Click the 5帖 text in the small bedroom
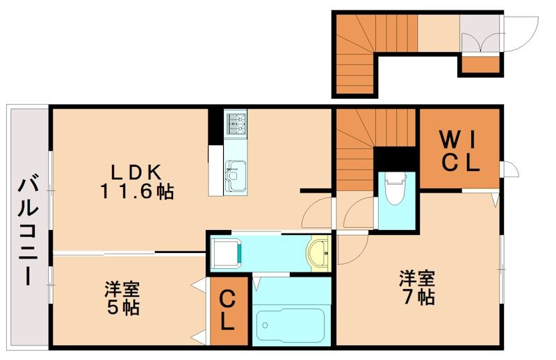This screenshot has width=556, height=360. click(x=124, y=306)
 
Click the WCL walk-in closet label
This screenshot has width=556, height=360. click(x=459, y=152)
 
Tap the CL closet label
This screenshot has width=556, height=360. click(x=229, y=312)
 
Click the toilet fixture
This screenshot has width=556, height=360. click(x=394, y=188)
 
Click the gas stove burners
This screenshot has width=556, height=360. click(x=234, y=123)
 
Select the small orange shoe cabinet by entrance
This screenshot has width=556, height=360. click(x=480, y=65)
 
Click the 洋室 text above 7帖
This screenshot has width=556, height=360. click(x=417, y=279)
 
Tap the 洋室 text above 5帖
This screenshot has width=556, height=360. click(x=123, y=288)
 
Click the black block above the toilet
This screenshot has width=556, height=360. click(x=394, y=157)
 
